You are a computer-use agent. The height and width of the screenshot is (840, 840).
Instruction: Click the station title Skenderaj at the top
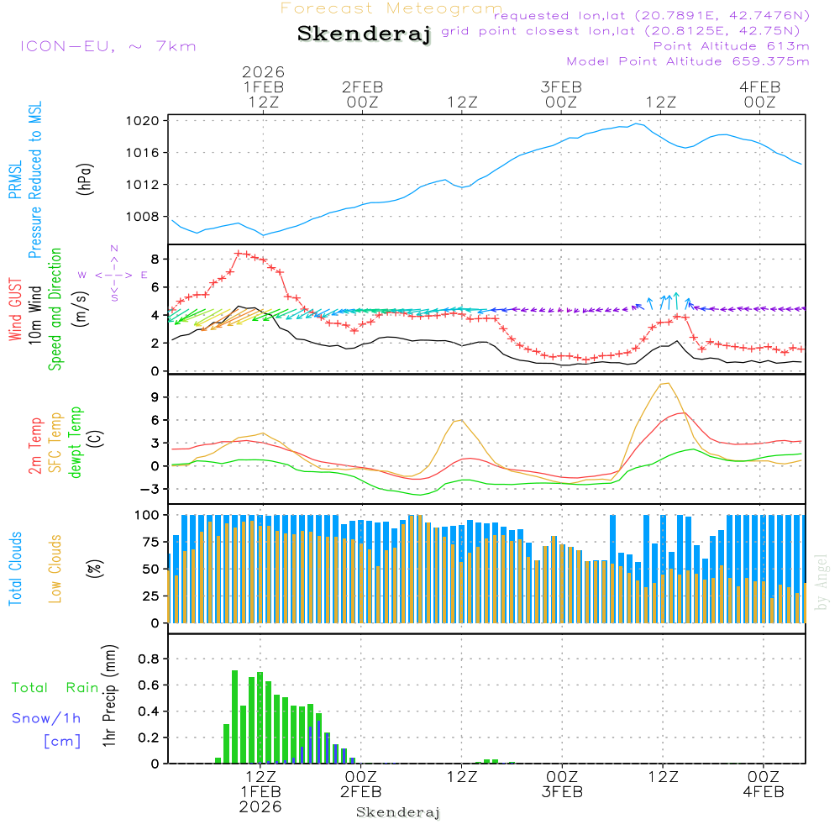364,34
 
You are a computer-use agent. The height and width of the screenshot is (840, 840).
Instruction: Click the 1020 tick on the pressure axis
148,121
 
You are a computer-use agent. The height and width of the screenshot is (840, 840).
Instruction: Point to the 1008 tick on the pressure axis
148,217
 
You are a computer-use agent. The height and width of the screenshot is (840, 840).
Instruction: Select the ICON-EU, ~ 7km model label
108,46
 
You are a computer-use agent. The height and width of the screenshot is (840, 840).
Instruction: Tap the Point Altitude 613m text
731,45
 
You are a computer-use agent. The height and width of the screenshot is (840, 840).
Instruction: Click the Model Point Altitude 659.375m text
688,61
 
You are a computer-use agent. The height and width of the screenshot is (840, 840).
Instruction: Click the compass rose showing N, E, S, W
114,275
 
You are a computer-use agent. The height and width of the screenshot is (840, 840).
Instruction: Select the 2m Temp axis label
35,443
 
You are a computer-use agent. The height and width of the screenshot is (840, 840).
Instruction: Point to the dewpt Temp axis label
76,443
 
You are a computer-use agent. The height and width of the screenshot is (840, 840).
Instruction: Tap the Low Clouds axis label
55,568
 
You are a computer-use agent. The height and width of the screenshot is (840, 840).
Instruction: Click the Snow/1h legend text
47,718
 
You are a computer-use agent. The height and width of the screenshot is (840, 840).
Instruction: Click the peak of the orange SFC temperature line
666,383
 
